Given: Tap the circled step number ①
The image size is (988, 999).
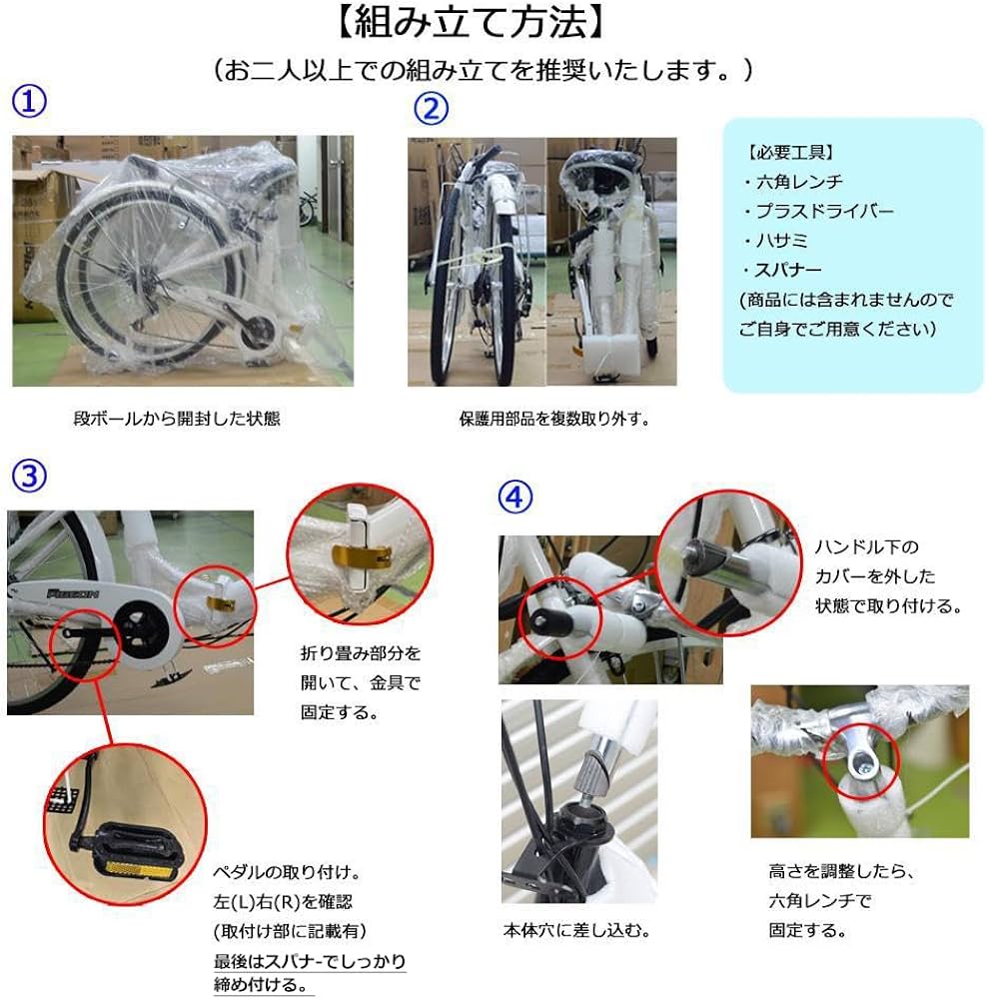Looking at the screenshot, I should coord(30,100).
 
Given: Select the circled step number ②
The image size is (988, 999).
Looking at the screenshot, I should coord(431,108).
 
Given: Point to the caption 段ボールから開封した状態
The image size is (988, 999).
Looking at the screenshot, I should coord(177,419).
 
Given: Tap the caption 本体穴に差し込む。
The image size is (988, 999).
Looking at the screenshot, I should coord(576,931).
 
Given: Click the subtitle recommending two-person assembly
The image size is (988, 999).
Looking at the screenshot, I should coord(483,70).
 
